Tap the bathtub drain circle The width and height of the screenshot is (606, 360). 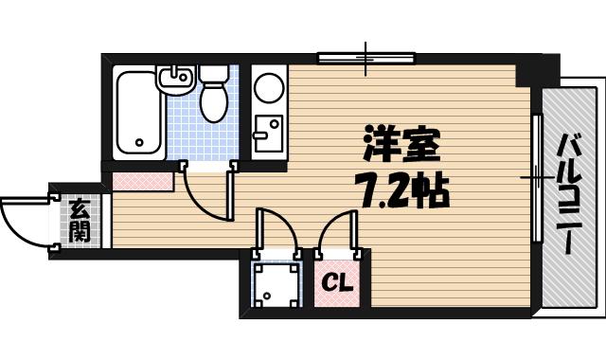click(139, 145)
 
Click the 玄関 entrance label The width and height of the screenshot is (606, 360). click(79, 221)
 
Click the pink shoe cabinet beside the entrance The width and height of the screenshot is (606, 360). click(142, 177)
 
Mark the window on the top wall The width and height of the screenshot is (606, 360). click(367, 59)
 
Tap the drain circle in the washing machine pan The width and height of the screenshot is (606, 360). click(268, 296)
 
